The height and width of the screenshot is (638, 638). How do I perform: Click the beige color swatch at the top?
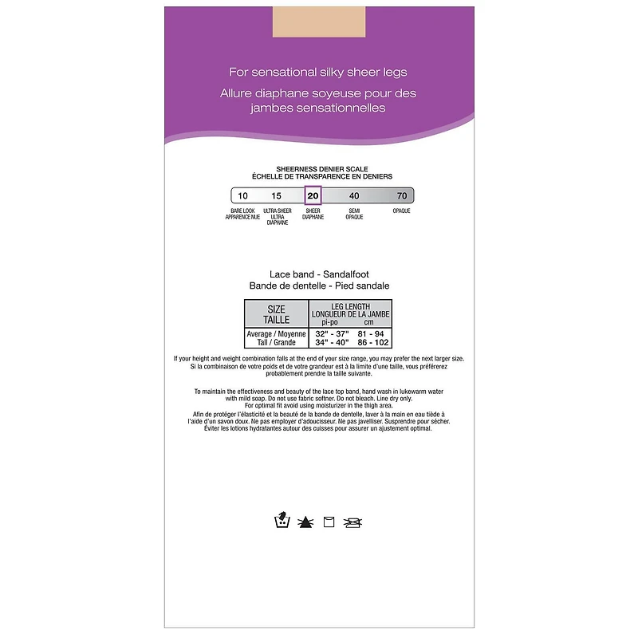click(318, 22)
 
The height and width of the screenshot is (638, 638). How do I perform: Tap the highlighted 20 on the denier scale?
click(313, 195)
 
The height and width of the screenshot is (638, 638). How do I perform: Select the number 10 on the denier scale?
click(242, 195)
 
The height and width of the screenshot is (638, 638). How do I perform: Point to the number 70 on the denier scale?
click(402, 195)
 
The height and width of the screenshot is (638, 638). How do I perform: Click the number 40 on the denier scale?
click(354, 195)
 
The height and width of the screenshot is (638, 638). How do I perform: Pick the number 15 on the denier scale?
click(276, 195)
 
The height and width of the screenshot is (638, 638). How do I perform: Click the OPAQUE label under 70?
click(401, 211)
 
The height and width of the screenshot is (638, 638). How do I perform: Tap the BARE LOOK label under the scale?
click(242, 211)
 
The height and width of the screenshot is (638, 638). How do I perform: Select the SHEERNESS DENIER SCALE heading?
click(322, 169)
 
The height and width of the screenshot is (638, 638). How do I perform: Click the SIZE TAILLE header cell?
click(276, 314)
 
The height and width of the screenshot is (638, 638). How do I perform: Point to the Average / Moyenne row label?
click(276, 334)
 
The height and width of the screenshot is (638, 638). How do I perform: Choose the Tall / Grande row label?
click(276, 343)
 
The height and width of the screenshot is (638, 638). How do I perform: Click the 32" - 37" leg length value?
click(332, 334)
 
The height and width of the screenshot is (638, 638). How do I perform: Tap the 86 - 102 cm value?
click(373, 343)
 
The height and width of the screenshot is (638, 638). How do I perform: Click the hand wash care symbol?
click(282, 520)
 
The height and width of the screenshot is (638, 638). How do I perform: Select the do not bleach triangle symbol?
click(305, 522)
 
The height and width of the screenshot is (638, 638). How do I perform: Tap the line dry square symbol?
click(329, 522)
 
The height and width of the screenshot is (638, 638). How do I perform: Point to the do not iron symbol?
click(352, 522)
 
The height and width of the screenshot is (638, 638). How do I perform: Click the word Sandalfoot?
click(346, 274)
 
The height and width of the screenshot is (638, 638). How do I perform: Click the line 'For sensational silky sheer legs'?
click(317, 73)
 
